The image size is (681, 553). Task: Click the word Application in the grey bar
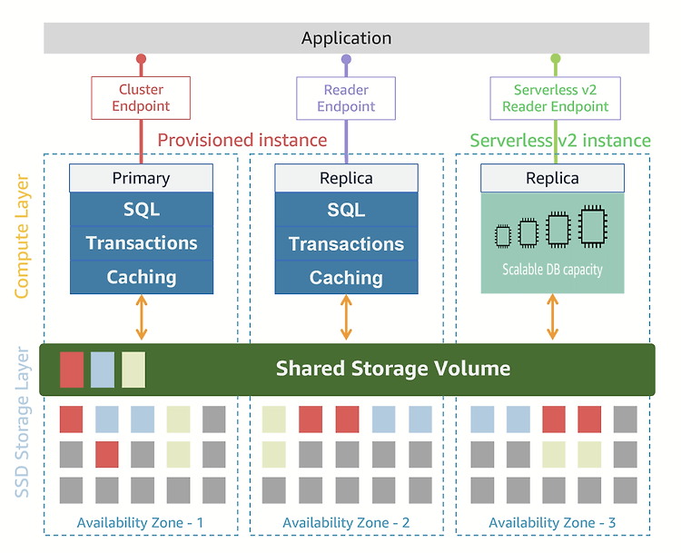(346, 38)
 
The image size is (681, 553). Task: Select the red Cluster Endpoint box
(141, 98)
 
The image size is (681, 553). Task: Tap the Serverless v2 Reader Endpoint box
(555, 98)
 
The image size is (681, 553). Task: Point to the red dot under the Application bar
(141, 59)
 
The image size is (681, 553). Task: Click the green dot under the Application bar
(556, 59)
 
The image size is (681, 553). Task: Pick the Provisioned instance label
(242, 141)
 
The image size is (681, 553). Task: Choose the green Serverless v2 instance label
(560, 141)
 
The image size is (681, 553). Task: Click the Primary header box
(141, 178)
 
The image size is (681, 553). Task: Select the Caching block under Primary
(142, 277)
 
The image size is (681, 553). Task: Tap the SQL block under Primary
(142, 210)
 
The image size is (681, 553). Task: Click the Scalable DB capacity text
(552, 270)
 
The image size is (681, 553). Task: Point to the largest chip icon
(593, 226)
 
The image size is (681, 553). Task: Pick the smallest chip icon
(503, 236)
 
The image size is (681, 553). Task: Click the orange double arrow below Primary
(142, 317)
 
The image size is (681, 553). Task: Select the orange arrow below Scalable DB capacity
(552, 317)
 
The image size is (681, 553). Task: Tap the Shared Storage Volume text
(393, 369)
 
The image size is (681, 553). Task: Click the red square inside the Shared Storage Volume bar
(72, 370)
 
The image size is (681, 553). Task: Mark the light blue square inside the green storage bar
(103, 370)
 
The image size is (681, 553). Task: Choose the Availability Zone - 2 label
(346, 523)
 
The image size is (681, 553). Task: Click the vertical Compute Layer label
(22, 236)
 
